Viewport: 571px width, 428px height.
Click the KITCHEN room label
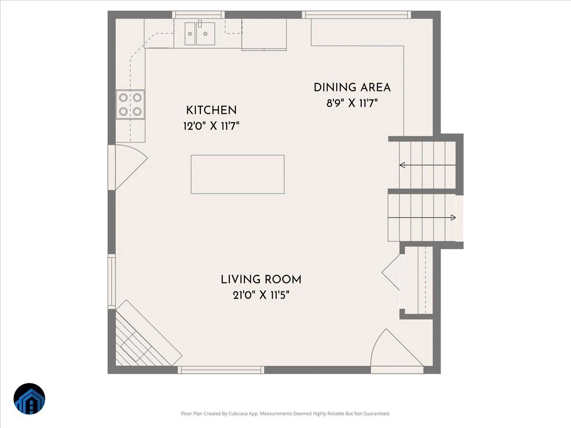pos(211,110)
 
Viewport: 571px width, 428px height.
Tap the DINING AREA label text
pos(352,88)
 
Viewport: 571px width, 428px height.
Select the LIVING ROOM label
pos(261,280)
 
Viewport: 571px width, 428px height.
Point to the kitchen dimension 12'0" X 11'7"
pos(211,126)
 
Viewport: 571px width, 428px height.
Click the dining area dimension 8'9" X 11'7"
pos(352,103)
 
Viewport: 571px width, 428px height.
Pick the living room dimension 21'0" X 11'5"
pos(261,295)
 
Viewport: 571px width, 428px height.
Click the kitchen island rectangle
pos(237,175)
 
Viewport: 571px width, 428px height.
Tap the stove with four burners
pos(130,105)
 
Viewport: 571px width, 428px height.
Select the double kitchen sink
pos(200,33)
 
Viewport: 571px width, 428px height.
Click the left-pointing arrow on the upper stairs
pos(427,165)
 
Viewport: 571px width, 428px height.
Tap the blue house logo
pos(30,399)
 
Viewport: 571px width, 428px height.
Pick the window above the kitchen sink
pos(198,15)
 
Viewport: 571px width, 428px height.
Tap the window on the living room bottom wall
pos(221,370)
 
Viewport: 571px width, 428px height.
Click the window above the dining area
pos(356,15)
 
